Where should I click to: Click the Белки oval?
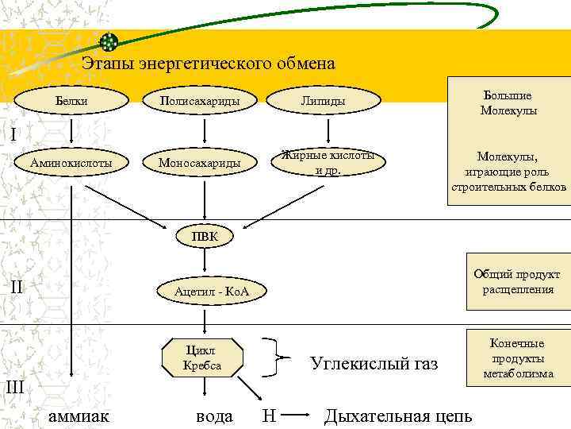click(x=72, y=101)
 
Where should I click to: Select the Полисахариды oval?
click(x=200, y=101)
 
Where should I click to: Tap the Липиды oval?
click(x=323, y=101)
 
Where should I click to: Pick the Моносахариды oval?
click(x=200, y=163)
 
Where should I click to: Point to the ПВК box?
click(x=205, y=237)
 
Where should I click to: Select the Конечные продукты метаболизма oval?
click(x=517, y=357)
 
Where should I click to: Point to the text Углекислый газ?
click(x=374, y=365)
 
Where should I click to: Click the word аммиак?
click(x=79, y=415)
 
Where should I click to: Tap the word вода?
click(x=214, y=415)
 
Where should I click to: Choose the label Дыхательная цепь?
click(x=398, y=415)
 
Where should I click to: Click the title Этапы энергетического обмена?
click(x=209, y=63)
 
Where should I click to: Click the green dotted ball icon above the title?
click(x=109, y=41)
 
